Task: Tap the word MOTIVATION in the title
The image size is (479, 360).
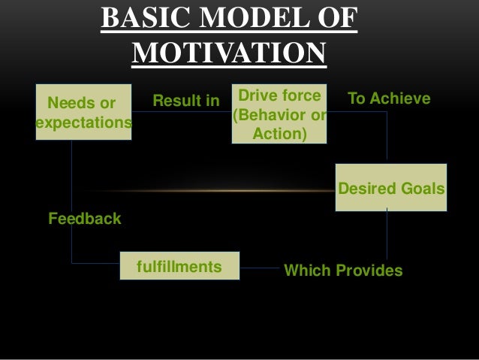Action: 229,54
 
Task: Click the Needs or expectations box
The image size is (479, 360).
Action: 83,111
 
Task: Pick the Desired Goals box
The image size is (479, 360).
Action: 391,188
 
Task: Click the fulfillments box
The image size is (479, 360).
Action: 179,267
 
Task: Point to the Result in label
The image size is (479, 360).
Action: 186,100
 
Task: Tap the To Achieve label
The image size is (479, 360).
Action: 389,99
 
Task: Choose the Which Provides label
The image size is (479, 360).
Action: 342,271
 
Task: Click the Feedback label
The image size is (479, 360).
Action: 84,219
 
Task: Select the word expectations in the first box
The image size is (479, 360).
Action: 83,122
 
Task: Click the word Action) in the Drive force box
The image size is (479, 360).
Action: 279,135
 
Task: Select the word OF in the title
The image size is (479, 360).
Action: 335,20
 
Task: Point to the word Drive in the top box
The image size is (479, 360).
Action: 253,96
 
